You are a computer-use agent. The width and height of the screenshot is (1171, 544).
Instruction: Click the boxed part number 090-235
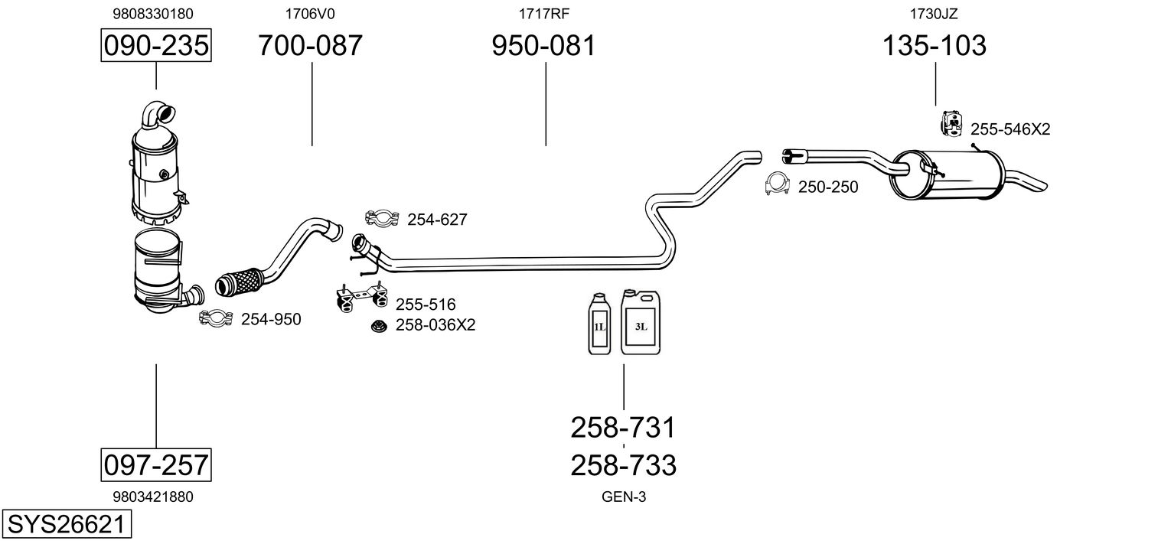[156, 45]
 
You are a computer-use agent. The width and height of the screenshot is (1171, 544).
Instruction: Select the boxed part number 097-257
[156, 464]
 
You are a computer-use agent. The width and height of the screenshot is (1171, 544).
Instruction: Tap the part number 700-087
[310, 45]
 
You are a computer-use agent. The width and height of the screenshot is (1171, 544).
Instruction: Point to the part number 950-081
[543, 45]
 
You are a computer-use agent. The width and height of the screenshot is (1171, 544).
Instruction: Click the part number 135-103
[935, 45]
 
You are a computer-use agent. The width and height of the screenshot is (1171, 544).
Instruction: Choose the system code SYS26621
[67, 524]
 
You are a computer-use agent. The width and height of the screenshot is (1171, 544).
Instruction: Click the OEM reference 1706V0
[309, 14]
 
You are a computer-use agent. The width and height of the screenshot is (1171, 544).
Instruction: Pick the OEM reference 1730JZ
[934, 14]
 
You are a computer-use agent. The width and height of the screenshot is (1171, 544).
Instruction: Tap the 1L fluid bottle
[599, 324]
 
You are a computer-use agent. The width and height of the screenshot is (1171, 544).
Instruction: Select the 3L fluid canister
[641, 322]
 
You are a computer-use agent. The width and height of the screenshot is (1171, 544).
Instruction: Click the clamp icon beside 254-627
[383, 218]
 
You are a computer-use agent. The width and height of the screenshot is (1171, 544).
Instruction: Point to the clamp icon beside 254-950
[216, 318]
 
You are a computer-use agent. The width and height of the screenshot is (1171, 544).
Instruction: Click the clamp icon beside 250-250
[777, 184]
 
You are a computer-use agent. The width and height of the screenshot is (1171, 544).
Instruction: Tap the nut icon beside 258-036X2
[379, 327]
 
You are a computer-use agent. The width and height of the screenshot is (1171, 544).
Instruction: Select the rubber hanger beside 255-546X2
[951, 124]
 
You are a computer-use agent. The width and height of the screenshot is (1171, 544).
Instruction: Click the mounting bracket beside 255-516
[361, 298]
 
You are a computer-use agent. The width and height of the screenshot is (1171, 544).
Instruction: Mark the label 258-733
[623, 465]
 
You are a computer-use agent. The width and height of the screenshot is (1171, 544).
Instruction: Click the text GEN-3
[624, 497]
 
